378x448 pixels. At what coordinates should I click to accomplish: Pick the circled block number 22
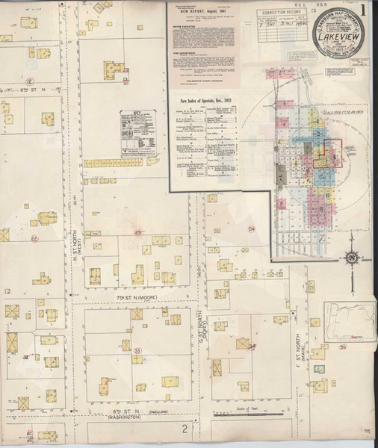coord(34,239)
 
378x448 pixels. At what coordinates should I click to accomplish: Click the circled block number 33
coord(137,350)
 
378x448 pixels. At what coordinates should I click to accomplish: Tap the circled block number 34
coord(252,228)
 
